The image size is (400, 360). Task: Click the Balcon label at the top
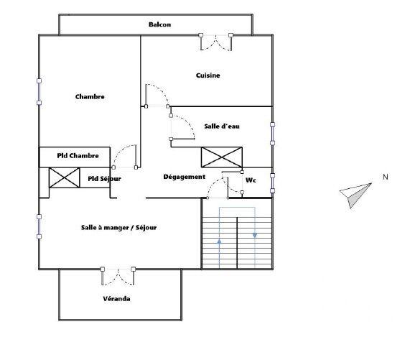click(x=159, y=24)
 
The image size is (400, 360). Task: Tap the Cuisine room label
click(x=208, y=75)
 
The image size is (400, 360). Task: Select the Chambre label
click(x=90, y=97)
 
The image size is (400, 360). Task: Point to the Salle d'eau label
click(x=221, y=126)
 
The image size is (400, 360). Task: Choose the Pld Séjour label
click(x=105, y=178)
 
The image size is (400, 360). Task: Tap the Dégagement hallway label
click(x=185, y=177)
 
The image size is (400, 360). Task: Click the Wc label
click(x=251, y=180)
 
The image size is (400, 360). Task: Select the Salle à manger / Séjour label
click(x=118, y=228)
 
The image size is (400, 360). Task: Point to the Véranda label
click(x=116, y=298)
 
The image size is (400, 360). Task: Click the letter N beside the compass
click(x=385, y=177)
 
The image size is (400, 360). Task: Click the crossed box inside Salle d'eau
click(x=221, y=157)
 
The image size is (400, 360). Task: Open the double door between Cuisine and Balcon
click(x=216, y=42)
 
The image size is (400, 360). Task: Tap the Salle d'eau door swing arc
click(x=182, y=129)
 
